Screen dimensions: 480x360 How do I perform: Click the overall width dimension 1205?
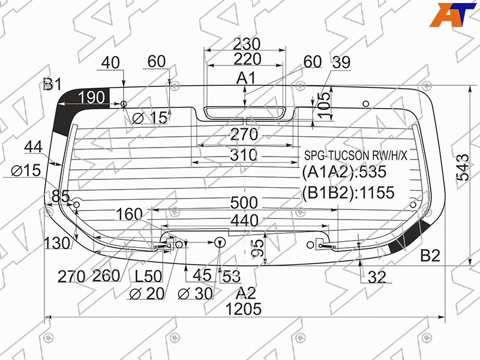pyautogui.click(x=244, y=309)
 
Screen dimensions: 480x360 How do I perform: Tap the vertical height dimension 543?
pyautogui.click(x=463, y=167)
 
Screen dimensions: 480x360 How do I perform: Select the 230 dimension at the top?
pyautogui.click(x=247, y=44)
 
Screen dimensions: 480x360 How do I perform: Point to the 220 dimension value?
pyautogui.click(x=247, y=59)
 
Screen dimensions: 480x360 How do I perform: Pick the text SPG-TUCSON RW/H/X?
pyautogui.click(x=356, y=155)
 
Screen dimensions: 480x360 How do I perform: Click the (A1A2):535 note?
pyautogui.click(x=344, y=172)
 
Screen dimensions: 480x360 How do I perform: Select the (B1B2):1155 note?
pyautogui.click(x=349, y=193)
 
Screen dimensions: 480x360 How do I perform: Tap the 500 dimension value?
pyautogui.click(x=244, y=203)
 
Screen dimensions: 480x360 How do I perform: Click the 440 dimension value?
pyautogui.click(x=245, y=220)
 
